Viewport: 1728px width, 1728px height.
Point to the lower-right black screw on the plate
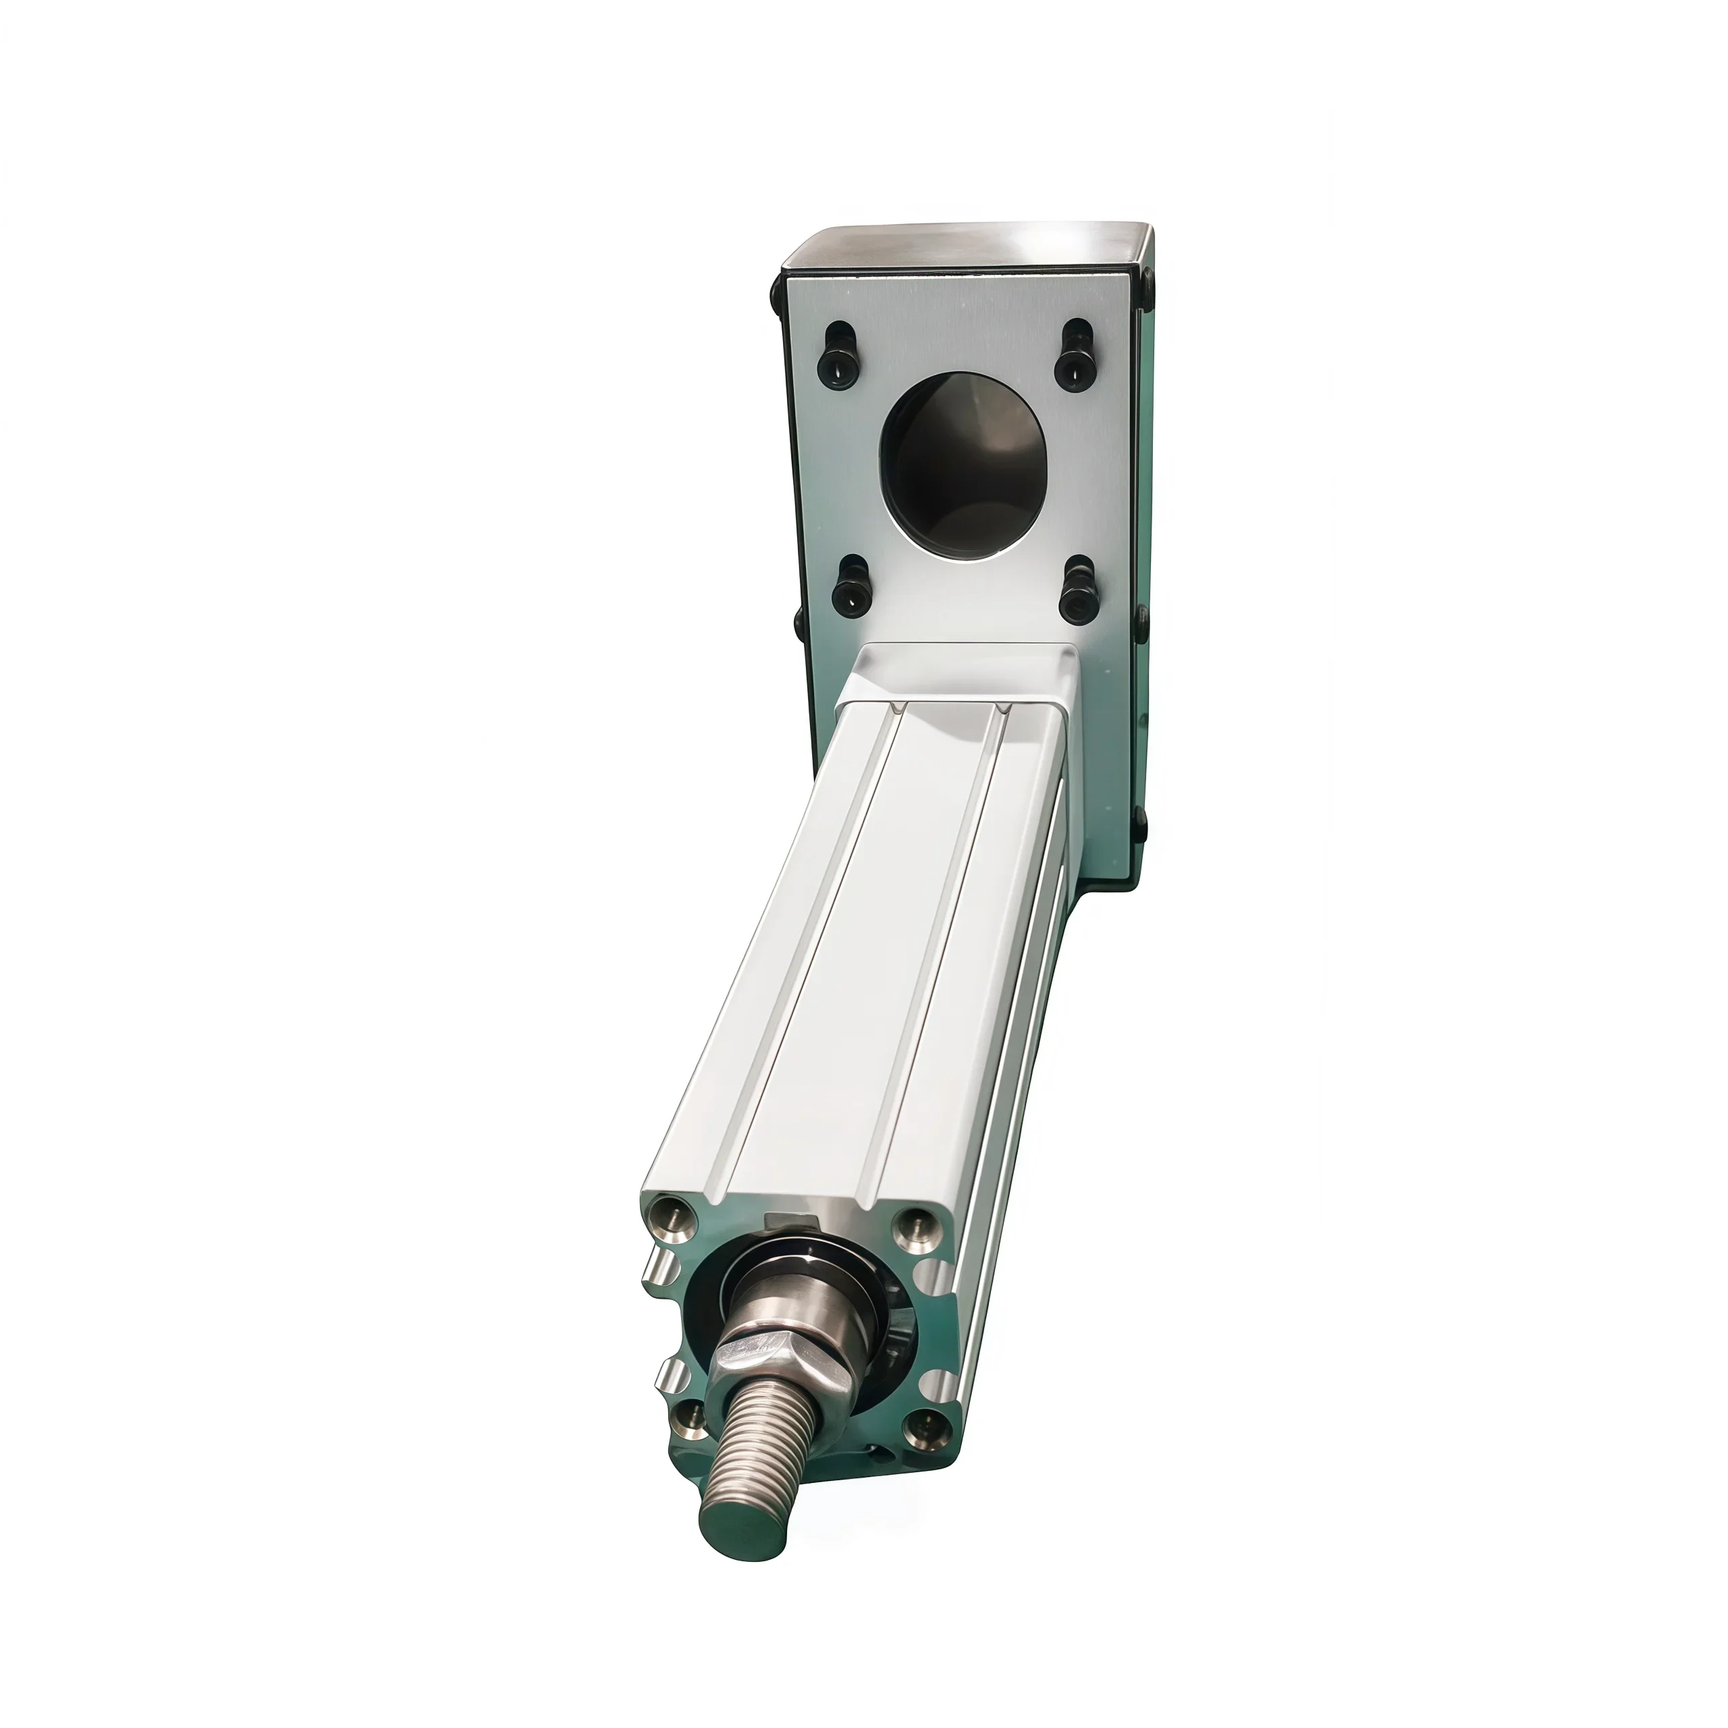[1079, 591]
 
